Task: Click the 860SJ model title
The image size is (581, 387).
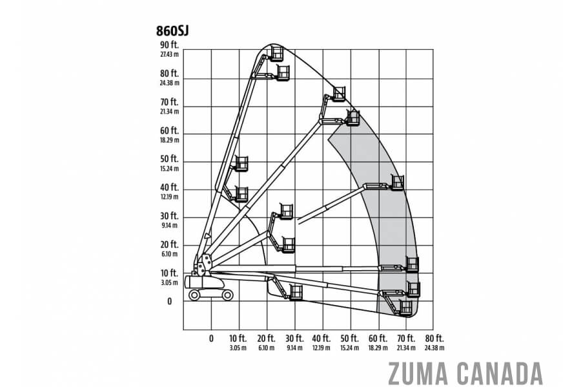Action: coord(172,31)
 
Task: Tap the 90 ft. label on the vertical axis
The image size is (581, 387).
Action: coord(169,45)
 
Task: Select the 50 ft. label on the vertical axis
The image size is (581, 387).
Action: coord(169,159)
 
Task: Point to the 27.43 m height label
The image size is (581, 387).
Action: coord(169,54)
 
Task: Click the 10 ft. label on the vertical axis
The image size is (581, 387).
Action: coord(169,273)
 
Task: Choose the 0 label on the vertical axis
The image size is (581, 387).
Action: coord(169,301)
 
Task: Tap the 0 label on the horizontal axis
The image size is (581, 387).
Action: coord(211,339)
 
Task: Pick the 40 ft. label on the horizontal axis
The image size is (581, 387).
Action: coord(321,338)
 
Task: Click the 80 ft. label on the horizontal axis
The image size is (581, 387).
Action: coord(434,338)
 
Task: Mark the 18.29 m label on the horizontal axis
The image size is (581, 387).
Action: coord(378,348)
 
